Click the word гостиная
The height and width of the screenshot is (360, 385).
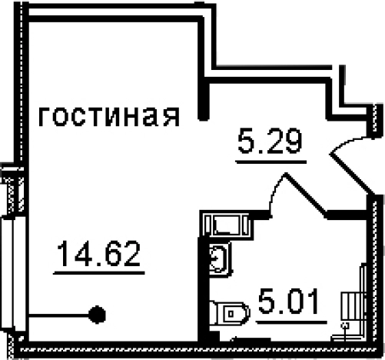tap(109, 117)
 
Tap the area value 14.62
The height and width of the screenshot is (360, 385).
tap(99, 253)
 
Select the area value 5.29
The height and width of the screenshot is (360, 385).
tap(270, 141)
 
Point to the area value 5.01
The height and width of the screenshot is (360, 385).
tap(290, 301)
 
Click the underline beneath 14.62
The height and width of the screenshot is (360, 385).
tap(99, 273)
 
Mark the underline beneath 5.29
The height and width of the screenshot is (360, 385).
tap(271, 162)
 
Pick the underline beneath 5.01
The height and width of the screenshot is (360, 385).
tap(292, 322)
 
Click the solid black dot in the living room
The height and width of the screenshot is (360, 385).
tap(97, 315)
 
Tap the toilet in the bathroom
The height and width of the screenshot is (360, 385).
tap(229, 314)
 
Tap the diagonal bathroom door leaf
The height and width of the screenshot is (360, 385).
tap(306, 194)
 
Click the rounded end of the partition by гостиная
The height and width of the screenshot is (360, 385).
tap(204, 117)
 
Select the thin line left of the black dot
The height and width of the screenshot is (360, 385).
tap(59, 315)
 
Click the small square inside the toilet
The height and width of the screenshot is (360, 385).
tap(231, 314)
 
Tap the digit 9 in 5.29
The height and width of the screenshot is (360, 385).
tap(294, 141)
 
